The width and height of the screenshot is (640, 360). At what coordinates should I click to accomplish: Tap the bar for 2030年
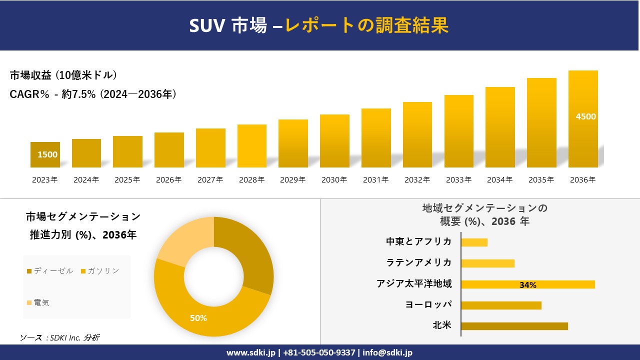click(334, 141)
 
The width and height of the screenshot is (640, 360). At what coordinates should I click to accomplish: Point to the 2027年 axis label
click(210, 180)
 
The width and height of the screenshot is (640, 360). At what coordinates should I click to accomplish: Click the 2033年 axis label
click(458, 180)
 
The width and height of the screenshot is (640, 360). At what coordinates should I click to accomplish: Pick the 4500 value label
click(586, 116)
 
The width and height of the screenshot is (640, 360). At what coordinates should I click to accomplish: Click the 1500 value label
click(47, 154)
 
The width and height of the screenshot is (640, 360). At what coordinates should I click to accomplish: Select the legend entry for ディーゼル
click(50, 271)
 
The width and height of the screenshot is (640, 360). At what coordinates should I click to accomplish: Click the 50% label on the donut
click(198, 318)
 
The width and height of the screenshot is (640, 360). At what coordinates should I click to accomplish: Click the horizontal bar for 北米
click(514, 326)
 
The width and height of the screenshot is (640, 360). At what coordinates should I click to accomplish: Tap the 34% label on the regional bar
click(527, 285)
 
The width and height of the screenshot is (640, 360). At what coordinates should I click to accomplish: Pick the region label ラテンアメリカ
click(418, 263)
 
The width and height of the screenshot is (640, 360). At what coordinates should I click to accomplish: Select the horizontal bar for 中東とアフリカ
click(474, 242)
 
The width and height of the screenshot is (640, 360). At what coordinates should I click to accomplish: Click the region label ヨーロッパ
click(428, 305)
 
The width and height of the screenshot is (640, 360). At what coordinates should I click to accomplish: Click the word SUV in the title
click(208, 25)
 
